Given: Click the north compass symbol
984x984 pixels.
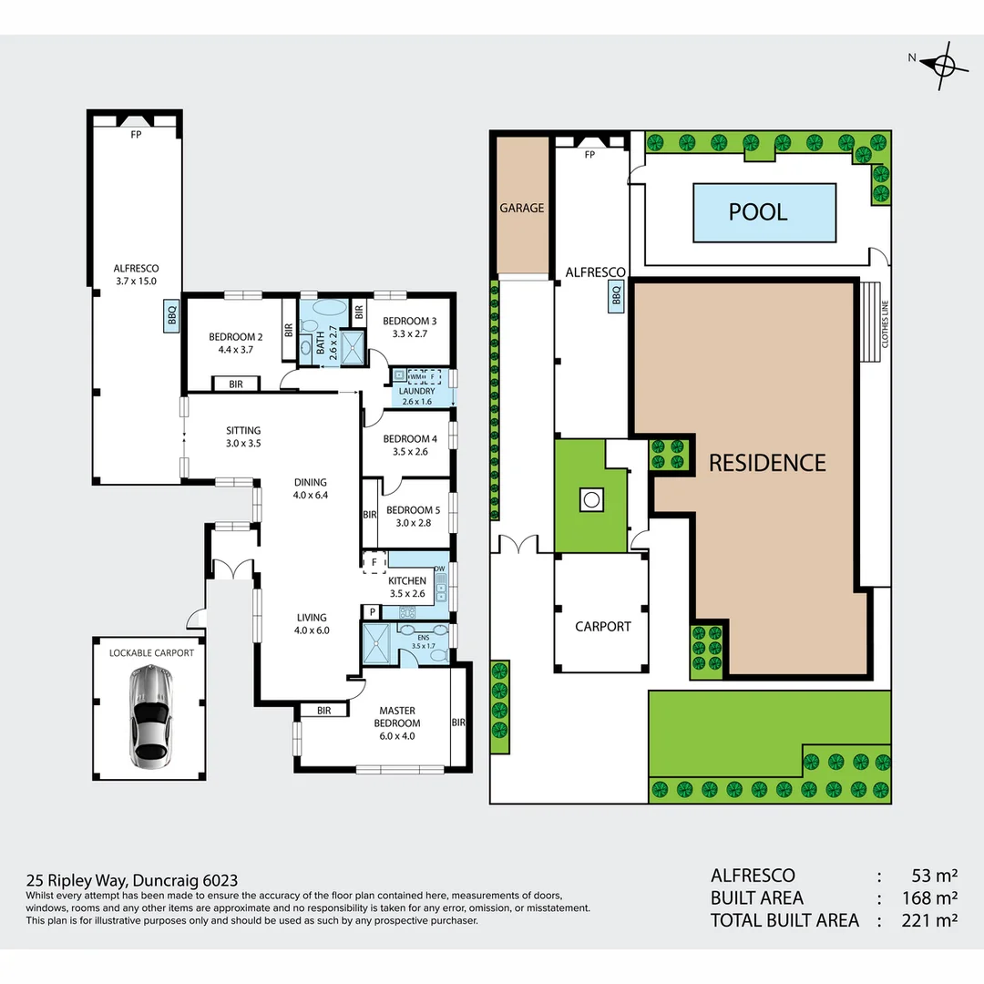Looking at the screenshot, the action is tap(944, 65).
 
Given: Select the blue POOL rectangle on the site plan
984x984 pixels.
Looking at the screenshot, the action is tap(764, 212).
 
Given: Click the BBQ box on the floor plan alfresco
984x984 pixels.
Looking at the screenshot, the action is tap(172, 314).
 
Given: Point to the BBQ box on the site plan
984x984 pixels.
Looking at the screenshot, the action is tap(616, 295).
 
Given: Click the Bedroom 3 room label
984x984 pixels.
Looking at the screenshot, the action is tap(410, 327).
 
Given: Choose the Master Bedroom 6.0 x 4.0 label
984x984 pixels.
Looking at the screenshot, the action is tap(397, 723).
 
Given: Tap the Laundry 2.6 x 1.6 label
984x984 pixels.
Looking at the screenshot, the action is tap(416, 396).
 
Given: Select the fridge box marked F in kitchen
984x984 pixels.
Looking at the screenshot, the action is tap(374, 562).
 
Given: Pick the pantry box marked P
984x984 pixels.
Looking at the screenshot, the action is tap(372, 612).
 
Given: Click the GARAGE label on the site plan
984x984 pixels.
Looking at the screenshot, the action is tap(522, 208).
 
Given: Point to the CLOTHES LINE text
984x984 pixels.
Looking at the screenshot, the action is tap(885, 323).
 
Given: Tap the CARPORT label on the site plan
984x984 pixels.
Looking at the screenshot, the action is tap(603, 626).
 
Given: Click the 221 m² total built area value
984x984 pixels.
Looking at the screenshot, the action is tap(929, 920).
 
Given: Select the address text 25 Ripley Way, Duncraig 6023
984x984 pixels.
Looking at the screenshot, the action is tap(132, 880).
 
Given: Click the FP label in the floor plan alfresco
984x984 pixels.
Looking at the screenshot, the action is tap(136, 134).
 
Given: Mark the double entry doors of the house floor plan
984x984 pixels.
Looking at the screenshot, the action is tap(233, 568).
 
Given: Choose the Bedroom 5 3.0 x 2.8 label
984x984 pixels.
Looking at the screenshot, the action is tap(413, 517).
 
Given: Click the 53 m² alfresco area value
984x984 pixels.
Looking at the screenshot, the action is tap(935, 876).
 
